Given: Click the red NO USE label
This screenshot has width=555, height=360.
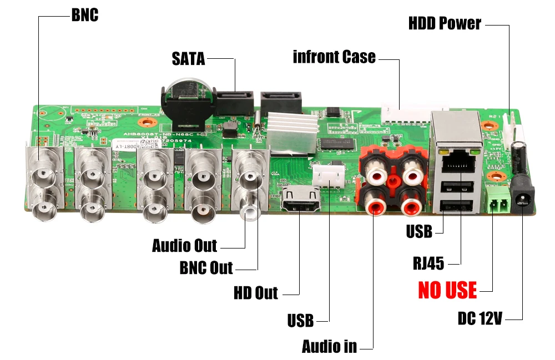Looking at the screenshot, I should click(x=447, y=290).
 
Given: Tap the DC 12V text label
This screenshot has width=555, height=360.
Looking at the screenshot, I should click(x=480, y=319).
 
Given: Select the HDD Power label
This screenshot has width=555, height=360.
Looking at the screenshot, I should click(x=445, y=24).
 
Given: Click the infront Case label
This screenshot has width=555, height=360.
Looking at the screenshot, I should click(x=334, y=57).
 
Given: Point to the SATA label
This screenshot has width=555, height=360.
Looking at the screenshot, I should click(x=188, y=58).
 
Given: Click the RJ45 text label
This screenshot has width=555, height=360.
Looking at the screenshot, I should click(x=428, y=263).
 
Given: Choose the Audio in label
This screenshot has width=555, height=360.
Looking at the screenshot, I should click(x=329, y=347).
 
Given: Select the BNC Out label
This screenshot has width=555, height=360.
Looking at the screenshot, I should click(x=206, y=268).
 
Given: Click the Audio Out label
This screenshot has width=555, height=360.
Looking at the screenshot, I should click(x=185, y=245).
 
